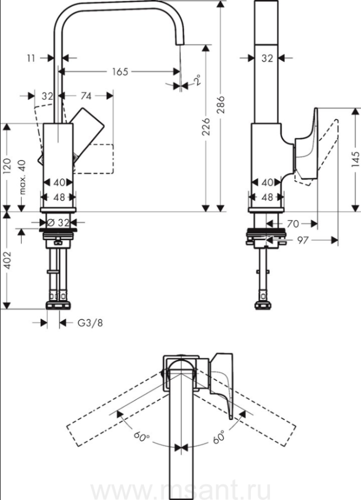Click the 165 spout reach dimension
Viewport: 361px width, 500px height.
pos(120,71)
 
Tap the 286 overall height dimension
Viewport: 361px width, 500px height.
pos(221,103)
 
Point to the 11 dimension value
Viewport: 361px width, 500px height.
pos(31,57)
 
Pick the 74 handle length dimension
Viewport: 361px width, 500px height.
pos(87,96)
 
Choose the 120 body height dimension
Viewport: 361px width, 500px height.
pos(7,167)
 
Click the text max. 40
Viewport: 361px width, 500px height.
pos(22,176)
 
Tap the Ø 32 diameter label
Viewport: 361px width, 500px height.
pos(59,222)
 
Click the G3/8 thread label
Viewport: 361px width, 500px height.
pos(90,323)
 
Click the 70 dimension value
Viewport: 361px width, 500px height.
pos(294,224)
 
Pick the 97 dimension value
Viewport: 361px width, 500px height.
pos(303,240)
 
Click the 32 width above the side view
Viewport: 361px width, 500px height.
pos(267,57)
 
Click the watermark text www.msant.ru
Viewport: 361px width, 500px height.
pos(181,491)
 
